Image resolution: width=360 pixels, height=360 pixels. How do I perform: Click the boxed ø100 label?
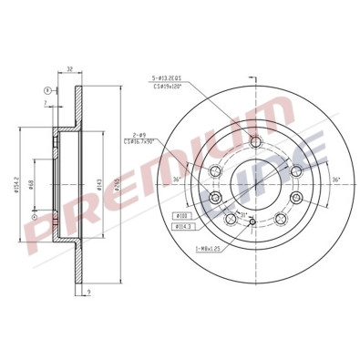[181, 215]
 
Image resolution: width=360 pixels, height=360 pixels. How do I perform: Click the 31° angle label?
[243, 216]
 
